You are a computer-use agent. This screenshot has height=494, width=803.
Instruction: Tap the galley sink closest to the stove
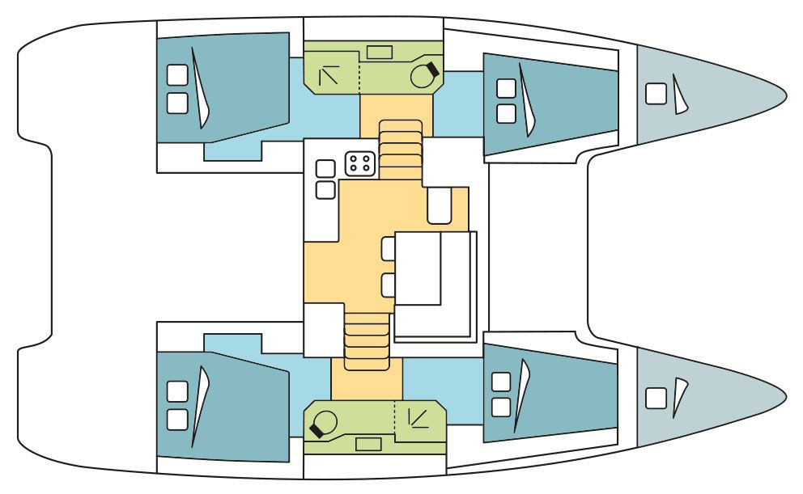click(x=325, y=169)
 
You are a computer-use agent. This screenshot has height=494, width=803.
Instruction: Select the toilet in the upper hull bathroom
click(x=423, y=75)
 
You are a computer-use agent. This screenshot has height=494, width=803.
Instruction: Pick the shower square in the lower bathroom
click(x=420, y=417)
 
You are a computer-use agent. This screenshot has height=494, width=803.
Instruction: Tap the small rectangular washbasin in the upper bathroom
click(x=380, y=52)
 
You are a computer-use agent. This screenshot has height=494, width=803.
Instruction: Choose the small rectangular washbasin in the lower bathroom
click(x=369, y=444)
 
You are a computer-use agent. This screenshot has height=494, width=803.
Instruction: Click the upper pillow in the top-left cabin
click(x=176, y=75)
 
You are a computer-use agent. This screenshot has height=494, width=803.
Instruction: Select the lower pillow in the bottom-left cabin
click(x=176, y=419)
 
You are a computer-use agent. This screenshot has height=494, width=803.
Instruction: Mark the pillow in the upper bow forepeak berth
click(x=655, y=95)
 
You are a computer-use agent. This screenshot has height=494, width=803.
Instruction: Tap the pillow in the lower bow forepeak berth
click(x=655, y=397)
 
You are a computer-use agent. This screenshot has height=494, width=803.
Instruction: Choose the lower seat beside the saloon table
click(x=389, y=285)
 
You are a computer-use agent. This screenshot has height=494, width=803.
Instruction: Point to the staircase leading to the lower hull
click(x=367, y=340)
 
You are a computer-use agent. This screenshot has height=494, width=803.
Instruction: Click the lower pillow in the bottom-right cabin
click(x=501, y=407)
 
